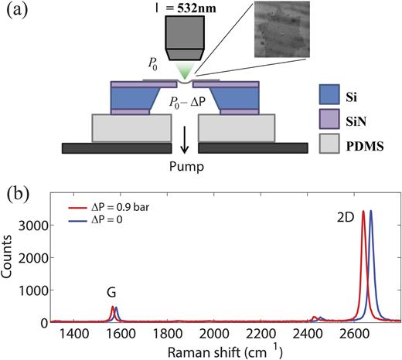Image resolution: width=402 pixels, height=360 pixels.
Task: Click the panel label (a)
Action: click(18, 12)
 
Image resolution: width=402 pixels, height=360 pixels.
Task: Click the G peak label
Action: click(111, 293)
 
